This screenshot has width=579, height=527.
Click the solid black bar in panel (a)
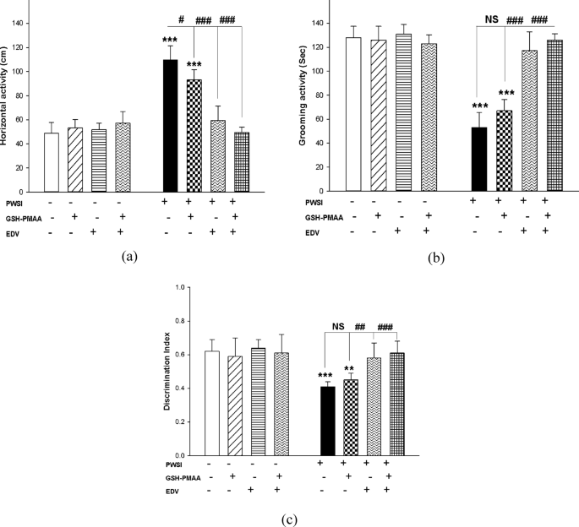tap(170, 126)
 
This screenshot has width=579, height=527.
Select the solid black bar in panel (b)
tap(479, 160)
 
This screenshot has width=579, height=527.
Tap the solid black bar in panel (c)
tap(328, 421)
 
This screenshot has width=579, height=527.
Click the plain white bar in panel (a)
tap(52, 163)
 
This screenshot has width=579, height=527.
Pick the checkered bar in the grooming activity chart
tap(505, 151)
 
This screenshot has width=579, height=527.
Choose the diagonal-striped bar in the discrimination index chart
tap(235, 406)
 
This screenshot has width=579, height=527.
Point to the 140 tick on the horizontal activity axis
tap(18, 24)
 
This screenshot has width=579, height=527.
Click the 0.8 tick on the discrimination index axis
tap(181, 321)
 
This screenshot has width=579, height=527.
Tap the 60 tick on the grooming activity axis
tap(319, 119)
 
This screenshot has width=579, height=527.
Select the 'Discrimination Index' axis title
tap(167, 372)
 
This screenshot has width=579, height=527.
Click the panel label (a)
tap(129, 256)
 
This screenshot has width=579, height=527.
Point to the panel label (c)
tap(289, 520)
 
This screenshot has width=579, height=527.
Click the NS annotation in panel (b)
tap(491, 19)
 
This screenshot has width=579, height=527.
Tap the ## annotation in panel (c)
tap(360, 327)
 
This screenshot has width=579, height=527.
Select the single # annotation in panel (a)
tap(181, 19)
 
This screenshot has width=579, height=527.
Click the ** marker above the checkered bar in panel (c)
tap(349, 369)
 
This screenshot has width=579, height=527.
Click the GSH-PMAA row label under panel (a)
tap(24, 219)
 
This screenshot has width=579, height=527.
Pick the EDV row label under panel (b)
tap(312, 233)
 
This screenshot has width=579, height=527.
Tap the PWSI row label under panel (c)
tap(173, 465)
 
